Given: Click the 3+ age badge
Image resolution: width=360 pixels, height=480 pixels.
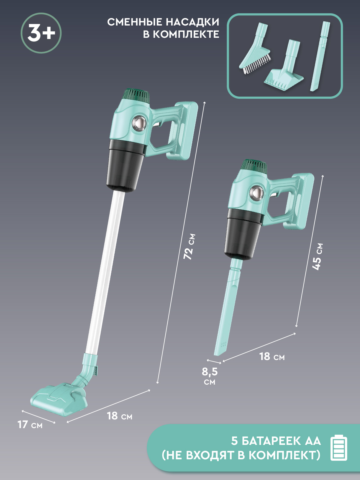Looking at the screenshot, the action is pyautogui.click(x=41, y=33).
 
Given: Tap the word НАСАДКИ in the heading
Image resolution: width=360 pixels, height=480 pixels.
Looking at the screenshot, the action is pyautogui.click(x=192, y=22).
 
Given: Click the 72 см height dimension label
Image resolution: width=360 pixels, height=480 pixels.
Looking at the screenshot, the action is pyautogui.click(x=189, y=247).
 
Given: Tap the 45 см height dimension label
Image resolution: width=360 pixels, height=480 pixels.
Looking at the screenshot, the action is pyautogui.click(x=317, y=257).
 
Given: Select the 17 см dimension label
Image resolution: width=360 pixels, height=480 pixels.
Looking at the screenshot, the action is pyautogui.click(x=30, y=425).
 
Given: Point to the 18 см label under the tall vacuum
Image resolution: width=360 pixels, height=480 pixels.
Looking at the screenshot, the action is pyautogui.click(x=120, y=416).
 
